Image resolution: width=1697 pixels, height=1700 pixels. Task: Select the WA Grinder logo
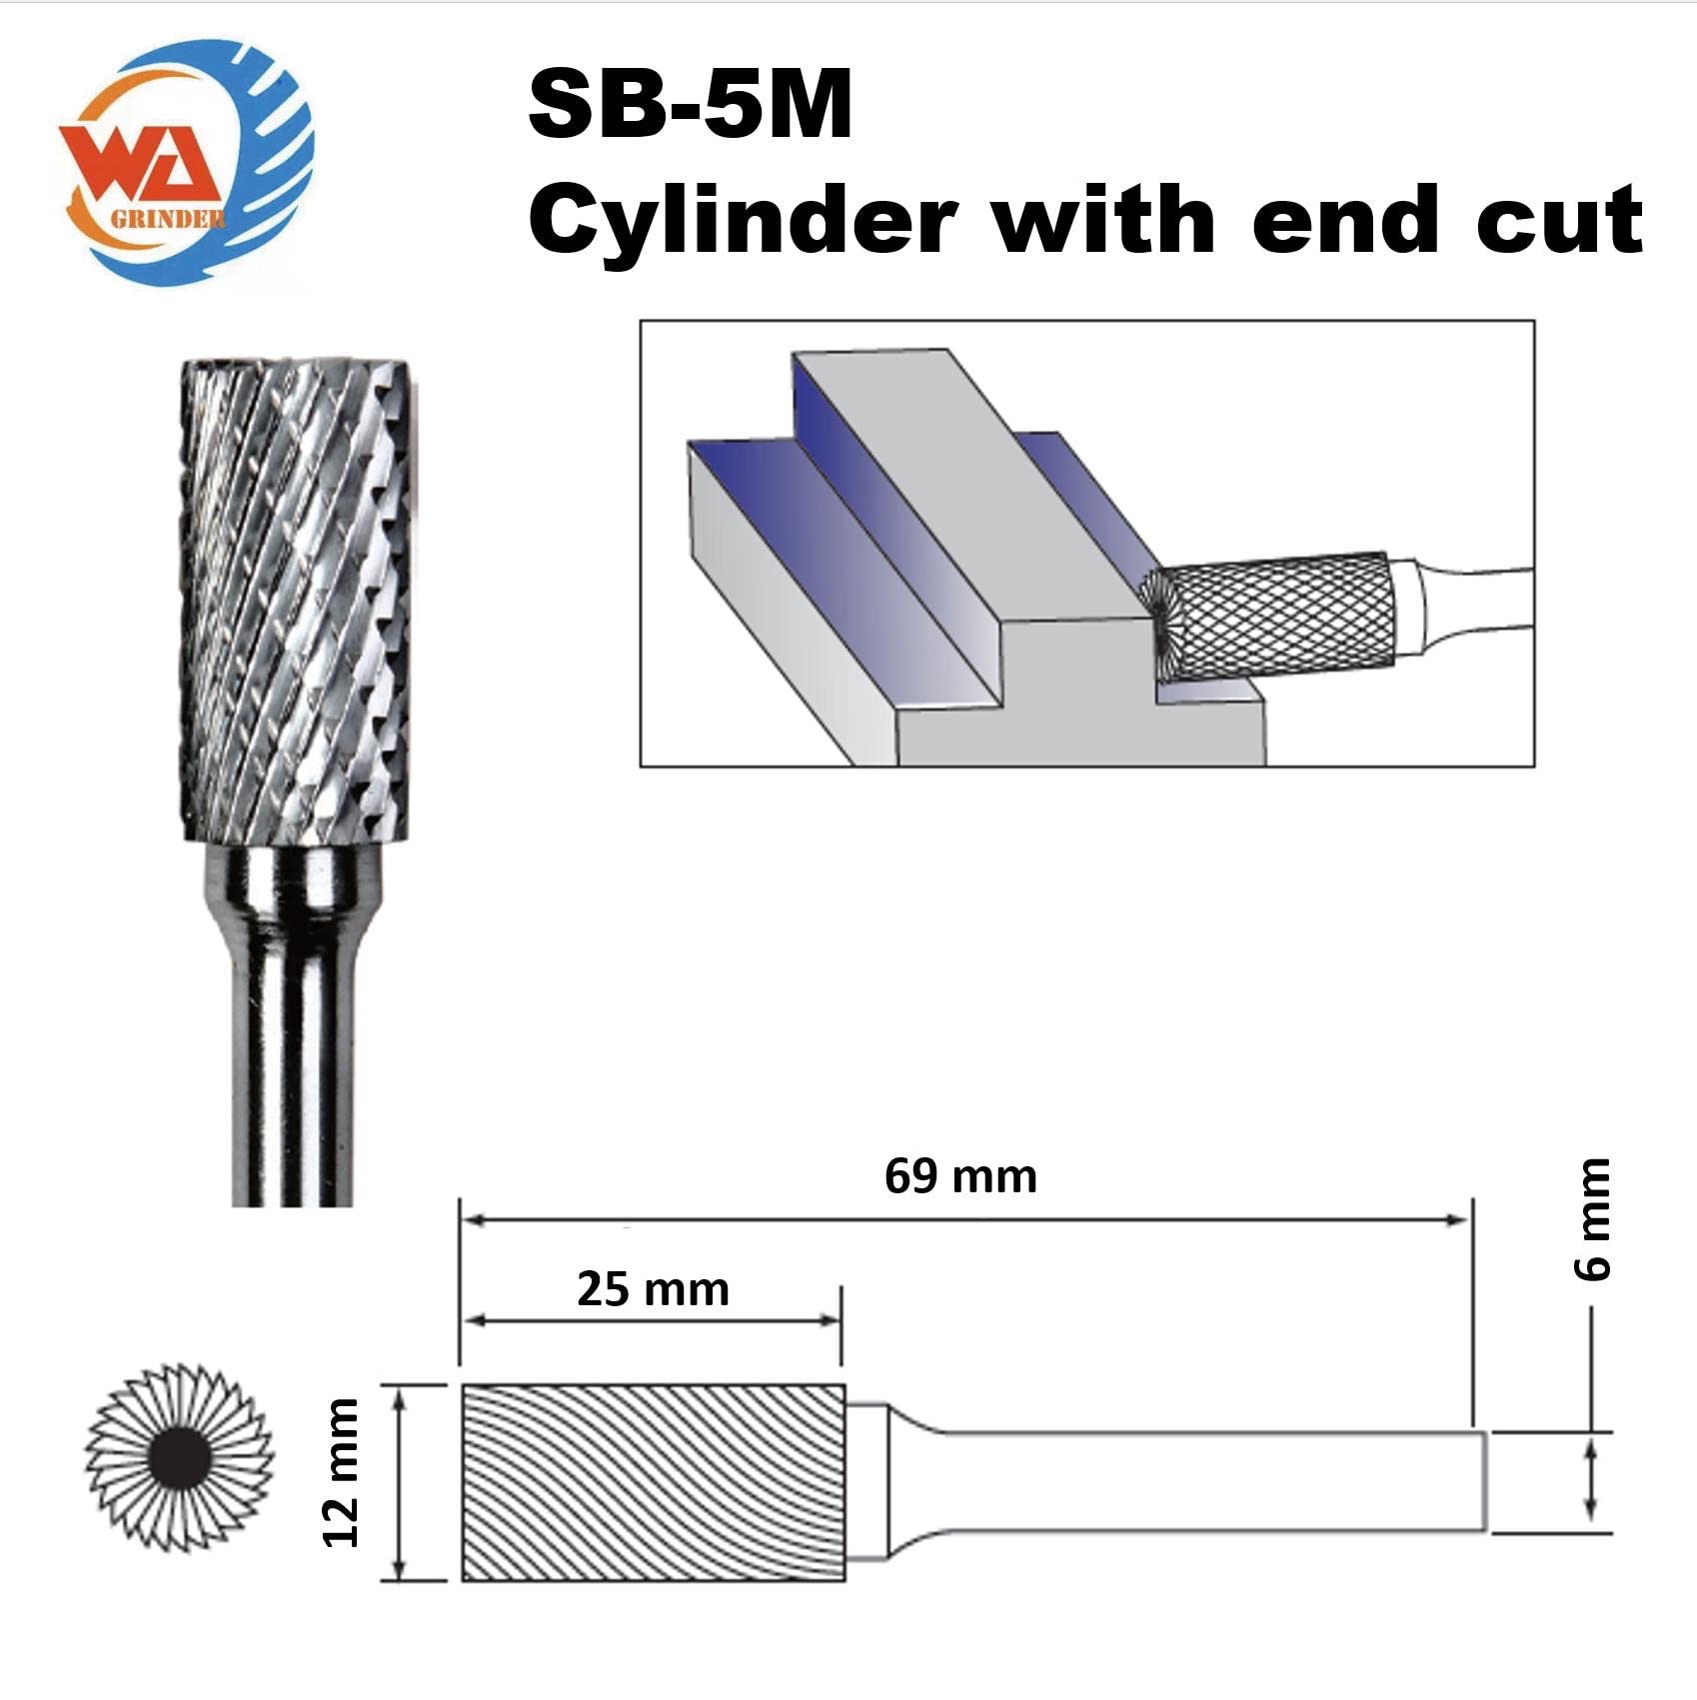coord(186,166)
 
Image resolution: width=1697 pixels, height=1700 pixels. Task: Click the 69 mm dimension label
coord(960,1176)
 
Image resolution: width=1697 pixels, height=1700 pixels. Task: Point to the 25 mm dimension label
coord(653,1289)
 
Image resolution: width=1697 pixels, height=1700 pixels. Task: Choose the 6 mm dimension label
coord(1593,1220)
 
